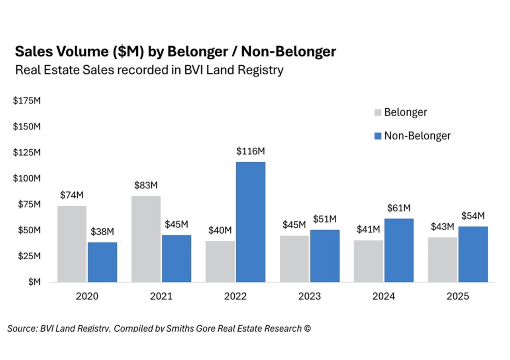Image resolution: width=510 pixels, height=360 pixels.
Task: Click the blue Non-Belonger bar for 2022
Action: point(251,222)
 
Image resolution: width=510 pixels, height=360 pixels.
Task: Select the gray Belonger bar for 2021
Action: point(146,239)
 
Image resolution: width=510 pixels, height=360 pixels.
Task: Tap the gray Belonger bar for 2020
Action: point(72,244)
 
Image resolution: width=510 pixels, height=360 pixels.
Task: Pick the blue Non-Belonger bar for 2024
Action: point(399,250)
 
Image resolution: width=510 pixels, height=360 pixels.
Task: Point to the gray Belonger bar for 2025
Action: point(443,260)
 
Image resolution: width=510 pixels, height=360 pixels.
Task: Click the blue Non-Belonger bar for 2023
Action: point(325,256)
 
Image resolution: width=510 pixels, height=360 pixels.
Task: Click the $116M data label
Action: point(251,151)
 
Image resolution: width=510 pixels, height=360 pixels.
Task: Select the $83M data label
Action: point(146,186)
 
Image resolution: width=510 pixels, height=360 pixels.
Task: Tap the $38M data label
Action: point(102,232)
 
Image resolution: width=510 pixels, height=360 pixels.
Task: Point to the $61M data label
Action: point(399,208)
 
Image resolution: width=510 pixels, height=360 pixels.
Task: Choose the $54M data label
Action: point(473,216)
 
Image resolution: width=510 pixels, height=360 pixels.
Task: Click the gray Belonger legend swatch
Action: point(378,112)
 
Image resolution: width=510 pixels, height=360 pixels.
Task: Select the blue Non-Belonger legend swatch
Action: point(378,136)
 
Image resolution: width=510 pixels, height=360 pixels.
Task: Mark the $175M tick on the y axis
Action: point(27,101)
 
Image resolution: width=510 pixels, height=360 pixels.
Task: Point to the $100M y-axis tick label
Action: point(27,178)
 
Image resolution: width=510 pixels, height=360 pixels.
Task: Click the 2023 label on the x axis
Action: point(310,297)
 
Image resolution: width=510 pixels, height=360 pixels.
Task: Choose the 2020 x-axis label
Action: point(87,297)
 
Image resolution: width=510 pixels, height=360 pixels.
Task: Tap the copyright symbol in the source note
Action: point(307,329)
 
